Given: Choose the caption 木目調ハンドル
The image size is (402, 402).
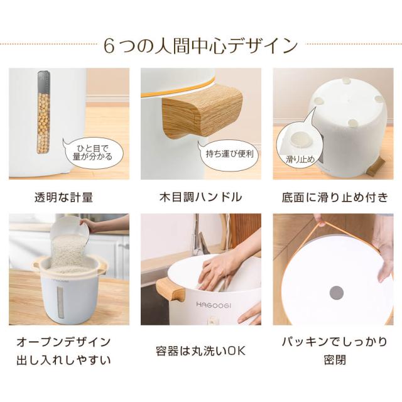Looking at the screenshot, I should (200, 197).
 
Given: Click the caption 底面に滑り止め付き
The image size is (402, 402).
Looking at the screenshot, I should (335, 197).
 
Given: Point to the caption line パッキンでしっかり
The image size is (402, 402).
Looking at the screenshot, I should (335, 342).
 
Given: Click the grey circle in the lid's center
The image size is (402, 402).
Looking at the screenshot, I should (337, 292).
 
